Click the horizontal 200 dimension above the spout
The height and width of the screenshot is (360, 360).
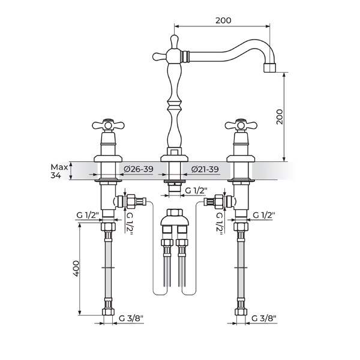(223, 20)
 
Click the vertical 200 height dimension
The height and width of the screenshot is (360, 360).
(280, 117)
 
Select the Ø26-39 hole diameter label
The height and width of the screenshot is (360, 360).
(139, 169)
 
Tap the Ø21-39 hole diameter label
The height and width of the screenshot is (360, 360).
(205, 169)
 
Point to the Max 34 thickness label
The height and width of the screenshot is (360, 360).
(59, 171)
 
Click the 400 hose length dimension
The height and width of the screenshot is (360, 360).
(76, 268)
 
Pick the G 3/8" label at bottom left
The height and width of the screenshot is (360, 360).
(131, 318)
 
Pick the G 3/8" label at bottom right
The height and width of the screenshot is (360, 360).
(264, 318)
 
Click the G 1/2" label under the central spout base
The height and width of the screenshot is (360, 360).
(196, 190)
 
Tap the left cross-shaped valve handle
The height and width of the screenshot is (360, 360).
(108, 125)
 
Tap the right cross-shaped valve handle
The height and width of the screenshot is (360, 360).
(241, 125)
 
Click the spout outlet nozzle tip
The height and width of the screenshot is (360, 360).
(269, 68)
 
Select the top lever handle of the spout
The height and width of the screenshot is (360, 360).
(175, 41)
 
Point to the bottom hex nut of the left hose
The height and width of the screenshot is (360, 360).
(108, 311)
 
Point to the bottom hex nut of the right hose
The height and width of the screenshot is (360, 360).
(241, 311)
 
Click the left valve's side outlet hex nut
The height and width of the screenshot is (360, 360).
(131, 202)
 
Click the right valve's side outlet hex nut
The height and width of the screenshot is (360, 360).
(218, 202)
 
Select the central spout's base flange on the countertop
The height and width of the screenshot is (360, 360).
(174, 158)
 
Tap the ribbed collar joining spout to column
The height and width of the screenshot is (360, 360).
(185, 56)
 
